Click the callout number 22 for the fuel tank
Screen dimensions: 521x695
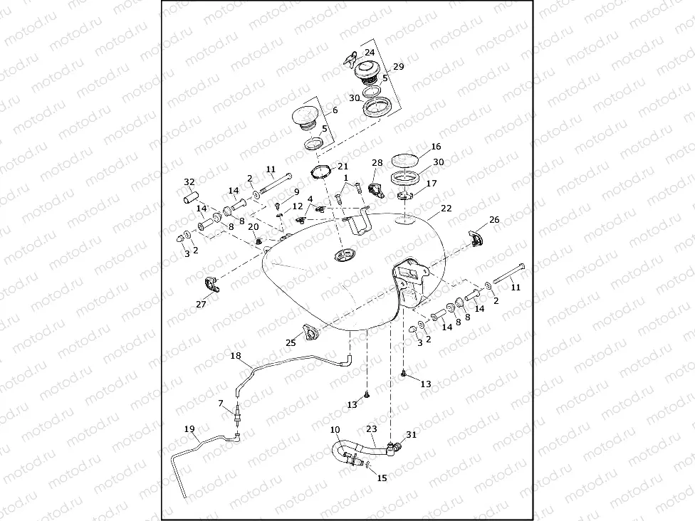[446, 209]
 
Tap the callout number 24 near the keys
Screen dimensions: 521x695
[370, 53]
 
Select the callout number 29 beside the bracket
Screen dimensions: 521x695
[398, 66]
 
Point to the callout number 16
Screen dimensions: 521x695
[436, 146]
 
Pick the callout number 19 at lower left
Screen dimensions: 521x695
[189, 428]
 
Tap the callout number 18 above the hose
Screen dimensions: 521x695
[236, 354]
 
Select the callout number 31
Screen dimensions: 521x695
[411, 434]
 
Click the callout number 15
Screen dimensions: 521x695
[382, 478]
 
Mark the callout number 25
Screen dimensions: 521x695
[291, 343]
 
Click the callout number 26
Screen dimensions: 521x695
[494, 220]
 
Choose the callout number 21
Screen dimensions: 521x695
[343, 166]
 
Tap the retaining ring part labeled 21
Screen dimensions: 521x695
[322, 173]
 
